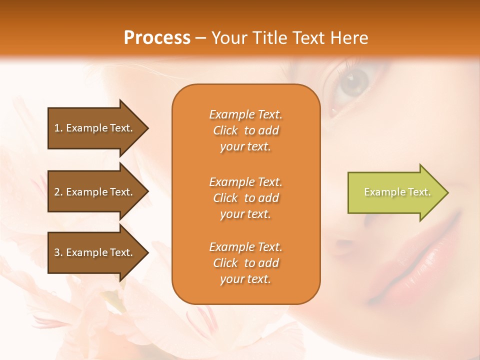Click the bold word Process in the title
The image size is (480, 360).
coord(157,38)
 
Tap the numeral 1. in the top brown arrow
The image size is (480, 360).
coord(58,128)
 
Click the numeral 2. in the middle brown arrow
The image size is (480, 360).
coord(58,192)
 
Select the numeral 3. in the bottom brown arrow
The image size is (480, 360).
coord(58,252)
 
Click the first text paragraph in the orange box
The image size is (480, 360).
coord(245,130)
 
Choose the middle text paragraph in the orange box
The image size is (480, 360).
coord(245,198)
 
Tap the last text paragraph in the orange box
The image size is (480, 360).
coord(245,263)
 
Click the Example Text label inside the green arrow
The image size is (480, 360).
coord(397,192)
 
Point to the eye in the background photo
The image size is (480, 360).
coord(353,83)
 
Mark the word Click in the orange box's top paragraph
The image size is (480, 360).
coord(225,130)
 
